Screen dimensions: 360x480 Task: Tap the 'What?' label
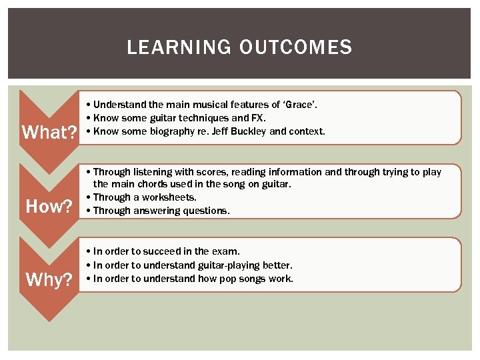[x=49, y=132]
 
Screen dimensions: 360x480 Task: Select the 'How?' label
[x=49, y=206]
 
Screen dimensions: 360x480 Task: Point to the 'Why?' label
[x=49, y=279]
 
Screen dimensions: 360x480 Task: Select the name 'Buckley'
[x=248, y=131]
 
